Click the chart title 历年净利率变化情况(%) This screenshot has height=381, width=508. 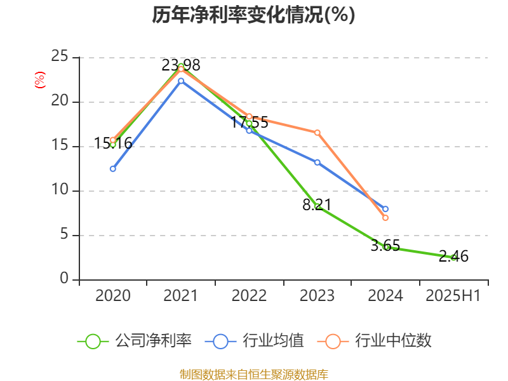point(253,15)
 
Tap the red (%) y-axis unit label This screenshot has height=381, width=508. point(39,81)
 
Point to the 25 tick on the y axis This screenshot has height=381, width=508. point(60,57)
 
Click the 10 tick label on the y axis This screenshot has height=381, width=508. point(60,190)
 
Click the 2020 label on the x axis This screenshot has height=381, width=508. point(113,296)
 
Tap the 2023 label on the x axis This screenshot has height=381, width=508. point(317,296)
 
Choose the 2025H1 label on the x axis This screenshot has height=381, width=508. point(453,296)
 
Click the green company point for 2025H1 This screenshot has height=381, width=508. point(453,257)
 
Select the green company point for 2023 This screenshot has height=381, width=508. point(317,206)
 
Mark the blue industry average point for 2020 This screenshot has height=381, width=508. point(113,169)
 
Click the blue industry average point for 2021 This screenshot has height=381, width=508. point(181,81)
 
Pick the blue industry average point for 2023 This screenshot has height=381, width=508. point(317,162)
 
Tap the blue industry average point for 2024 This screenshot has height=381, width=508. point(385,209)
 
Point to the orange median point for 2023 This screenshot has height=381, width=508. point(317,132)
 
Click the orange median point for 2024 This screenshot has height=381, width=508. point(385,218)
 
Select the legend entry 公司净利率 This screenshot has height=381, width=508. point(135,341)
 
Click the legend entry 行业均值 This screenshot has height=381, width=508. point(255,341)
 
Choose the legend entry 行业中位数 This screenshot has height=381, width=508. point(379,341)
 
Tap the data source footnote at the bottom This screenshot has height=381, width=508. point(253,374)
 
